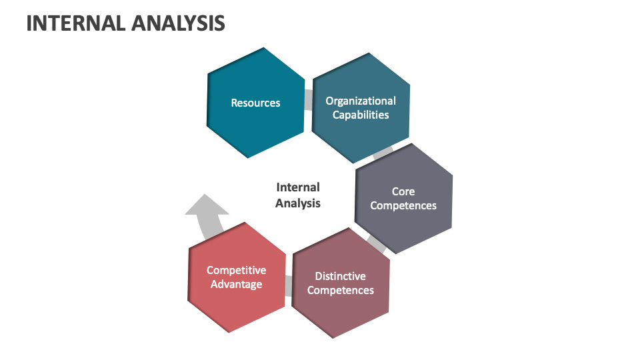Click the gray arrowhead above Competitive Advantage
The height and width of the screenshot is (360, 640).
206,207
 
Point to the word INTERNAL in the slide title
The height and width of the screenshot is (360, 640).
73,23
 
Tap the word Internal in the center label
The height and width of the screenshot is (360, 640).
298,187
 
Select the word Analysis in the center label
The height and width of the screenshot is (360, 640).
298,203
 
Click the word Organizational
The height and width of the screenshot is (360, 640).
361,101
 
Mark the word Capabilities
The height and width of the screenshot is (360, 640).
361,115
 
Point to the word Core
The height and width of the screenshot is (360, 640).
403,191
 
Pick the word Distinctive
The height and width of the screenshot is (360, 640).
341,276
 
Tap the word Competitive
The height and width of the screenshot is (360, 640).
237,270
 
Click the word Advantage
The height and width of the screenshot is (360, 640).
237,285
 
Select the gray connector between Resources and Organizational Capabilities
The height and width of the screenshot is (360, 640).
308,100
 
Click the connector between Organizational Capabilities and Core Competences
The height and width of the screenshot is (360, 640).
383,153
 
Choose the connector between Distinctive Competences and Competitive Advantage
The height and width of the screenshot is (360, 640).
289,285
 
